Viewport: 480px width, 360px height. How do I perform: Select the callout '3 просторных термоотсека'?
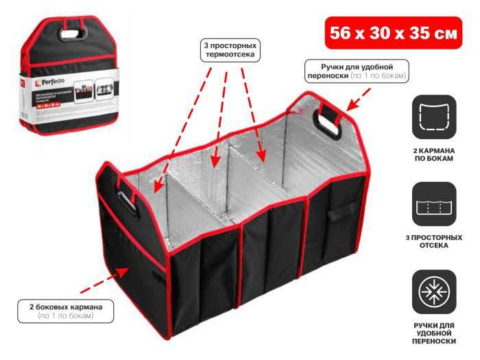click(232, 52)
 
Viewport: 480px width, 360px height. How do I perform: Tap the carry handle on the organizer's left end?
click(125, 200)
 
